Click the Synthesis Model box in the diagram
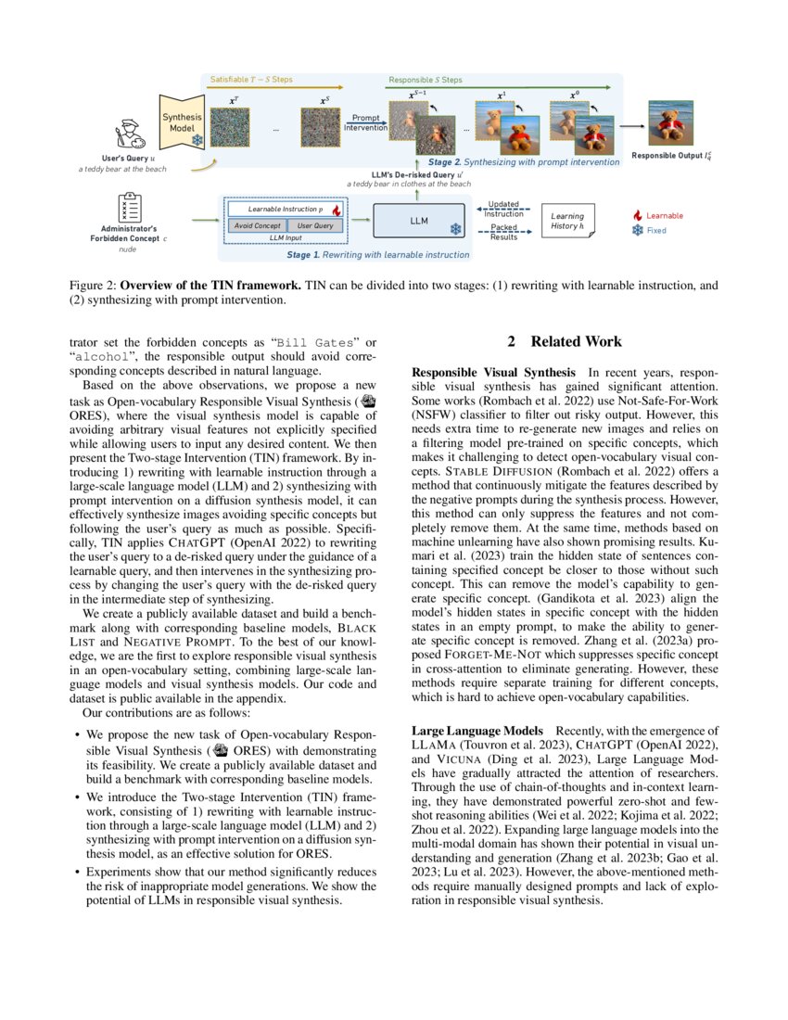coord(182,121)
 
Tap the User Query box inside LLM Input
coord(314,225)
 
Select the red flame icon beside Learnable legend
coord(636,215)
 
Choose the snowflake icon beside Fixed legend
coord(636,230)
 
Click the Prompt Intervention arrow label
coord(366,122)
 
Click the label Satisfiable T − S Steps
coord(251,80)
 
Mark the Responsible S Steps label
coord(425,80)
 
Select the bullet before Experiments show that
coord(76,872)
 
